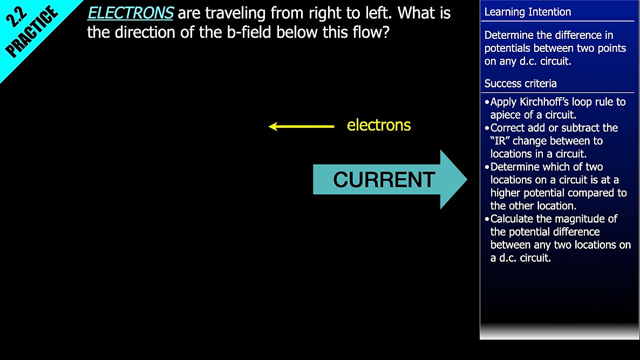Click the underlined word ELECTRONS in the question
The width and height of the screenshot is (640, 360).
coord(131,13)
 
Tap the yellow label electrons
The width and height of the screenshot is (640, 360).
coord(379,125)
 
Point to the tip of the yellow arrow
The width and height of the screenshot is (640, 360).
coord(269,126)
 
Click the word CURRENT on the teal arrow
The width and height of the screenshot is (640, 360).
coord(384,180)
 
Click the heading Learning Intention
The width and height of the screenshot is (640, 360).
coord(528,12)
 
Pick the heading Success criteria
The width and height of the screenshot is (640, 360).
coord(520,84)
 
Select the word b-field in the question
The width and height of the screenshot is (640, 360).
coord(249,32)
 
